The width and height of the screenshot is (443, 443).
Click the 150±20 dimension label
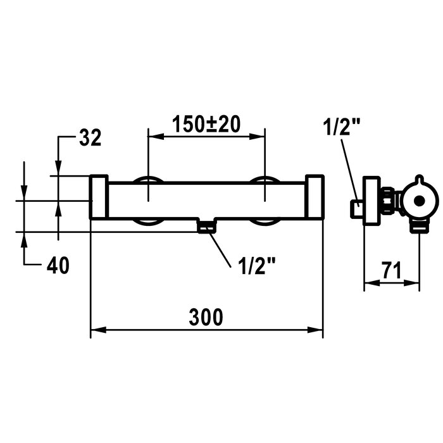click(x=206, y=124)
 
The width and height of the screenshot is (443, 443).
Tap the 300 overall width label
click(x=206, y=317)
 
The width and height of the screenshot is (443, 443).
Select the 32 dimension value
click(x=90, y=137)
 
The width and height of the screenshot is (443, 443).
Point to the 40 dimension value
click(x=58, y=265)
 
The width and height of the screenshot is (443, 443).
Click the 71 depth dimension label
click(x=392, y=270)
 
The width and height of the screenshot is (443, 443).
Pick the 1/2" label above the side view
click(x=342, y=127)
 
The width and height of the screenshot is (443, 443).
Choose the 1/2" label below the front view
click(x=256, y=266)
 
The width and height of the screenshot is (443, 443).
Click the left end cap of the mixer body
click(x=99, y=197)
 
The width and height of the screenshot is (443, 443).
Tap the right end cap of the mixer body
click(x=315, y=197)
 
